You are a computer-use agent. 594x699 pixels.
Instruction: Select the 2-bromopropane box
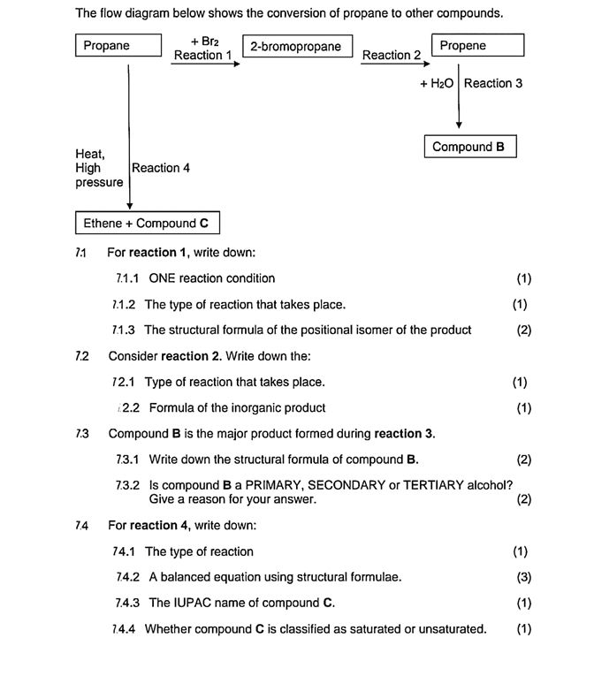click(x=296, y=47)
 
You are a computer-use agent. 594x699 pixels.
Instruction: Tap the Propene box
click(x=477, y=46)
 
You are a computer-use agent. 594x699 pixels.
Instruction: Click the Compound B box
click(x=469, y=147)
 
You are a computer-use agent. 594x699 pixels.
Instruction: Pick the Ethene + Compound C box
click(x=146, y=223)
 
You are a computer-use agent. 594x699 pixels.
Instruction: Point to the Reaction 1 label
click(x=202, y=56)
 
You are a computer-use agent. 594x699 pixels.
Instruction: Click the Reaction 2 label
click(x=392, y=56)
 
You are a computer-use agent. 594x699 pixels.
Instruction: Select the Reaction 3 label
click(x=493, y=84)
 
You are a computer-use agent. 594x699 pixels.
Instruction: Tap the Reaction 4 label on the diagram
click(x=161, y=168)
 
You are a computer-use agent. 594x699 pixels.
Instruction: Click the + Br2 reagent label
click(x=204, y=41)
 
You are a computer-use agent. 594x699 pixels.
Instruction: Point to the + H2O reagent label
click(x=437, y=84)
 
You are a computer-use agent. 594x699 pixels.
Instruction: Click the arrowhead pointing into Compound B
click(x=459, y=125)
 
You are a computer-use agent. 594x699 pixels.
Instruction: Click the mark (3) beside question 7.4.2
click(x=521, y=577)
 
